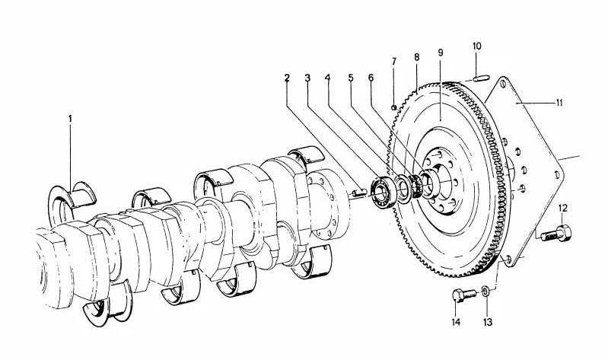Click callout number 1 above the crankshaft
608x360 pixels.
point(70,119)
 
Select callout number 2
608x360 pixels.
point(287,77)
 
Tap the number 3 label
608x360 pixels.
point(307,77)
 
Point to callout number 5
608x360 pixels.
point(351,77)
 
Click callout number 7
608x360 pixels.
point(394,60)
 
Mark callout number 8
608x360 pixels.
point(416,57)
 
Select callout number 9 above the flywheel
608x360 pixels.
point(441,53)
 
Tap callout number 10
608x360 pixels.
point(477,46)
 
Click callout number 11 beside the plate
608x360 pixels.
point(559,101)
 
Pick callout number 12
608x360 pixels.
point(563,208)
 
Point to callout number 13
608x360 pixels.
point(487,322)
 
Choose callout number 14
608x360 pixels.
point(456,322)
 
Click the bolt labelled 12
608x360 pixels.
point(556,233)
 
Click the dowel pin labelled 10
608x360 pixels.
point(478,75)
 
